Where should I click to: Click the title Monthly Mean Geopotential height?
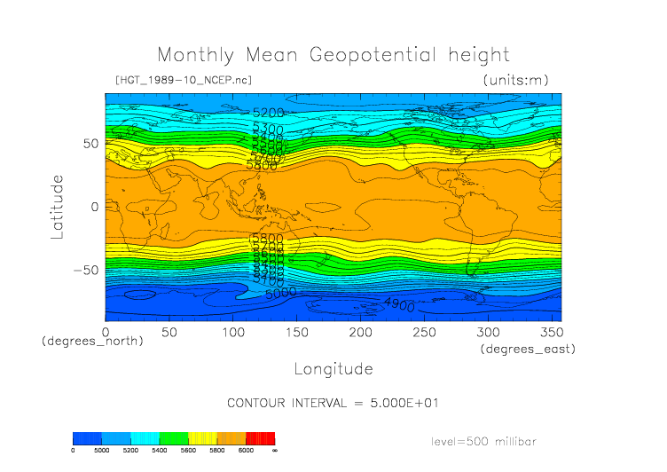coord(333,55)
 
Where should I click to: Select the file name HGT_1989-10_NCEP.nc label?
coord(183,81)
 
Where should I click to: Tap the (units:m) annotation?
coord(515,81)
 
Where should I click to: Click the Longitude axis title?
coord(333,368)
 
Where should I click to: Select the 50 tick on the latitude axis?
coord(90,144)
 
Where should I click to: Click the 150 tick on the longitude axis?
coord(296,331)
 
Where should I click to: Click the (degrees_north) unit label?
coord(92,341)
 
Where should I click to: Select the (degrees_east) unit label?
coord(529,350)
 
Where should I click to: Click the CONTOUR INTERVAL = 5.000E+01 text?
coord(333,403)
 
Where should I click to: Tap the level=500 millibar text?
coord(484,441)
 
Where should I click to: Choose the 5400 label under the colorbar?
coord(160,451)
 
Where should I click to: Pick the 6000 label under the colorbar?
coord(246,451)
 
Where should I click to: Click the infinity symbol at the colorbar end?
coord(275,451)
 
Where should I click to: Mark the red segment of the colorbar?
coord(261,438)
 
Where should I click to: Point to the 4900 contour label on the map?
coord(399,304)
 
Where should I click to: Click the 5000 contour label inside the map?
coord(280,292)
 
